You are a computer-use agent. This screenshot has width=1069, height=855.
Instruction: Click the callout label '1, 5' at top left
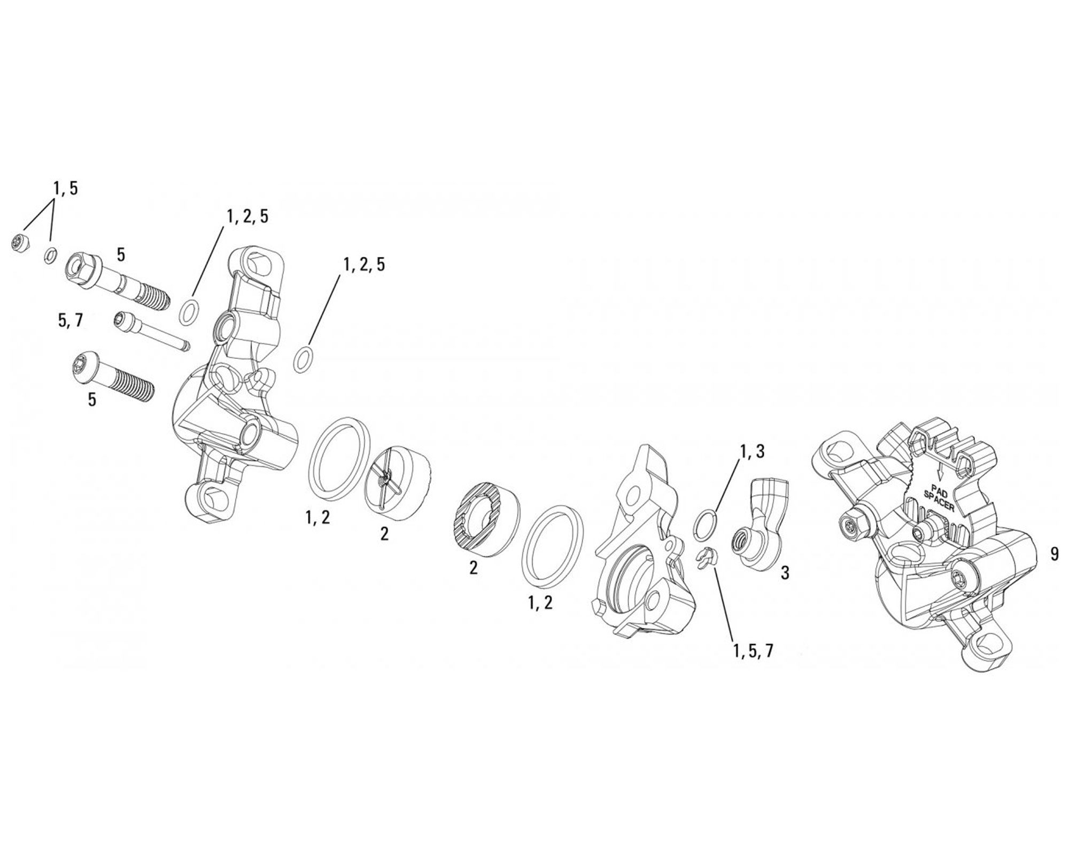point(65,189)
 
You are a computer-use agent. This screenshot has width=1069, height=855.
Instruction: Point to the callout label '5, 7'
point(69,320)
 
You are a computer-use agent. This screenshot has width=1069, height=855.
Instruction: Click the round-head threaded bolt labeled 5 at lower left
point(112,378)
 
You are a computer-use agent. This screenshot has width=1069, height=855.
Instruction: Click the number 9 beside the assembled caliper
point(1054,554)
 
